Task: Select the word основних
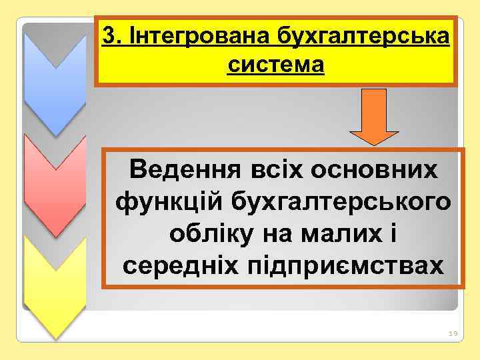click(383, 169)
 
